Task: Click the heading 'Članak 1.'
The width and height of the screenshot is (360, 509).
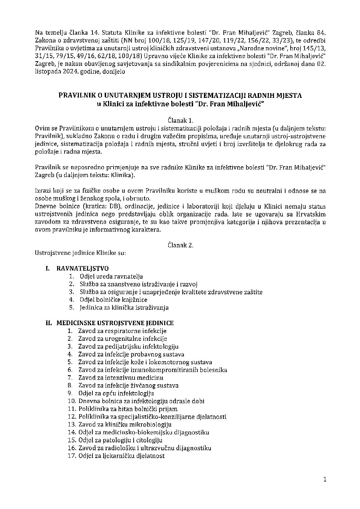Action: coord(180,120)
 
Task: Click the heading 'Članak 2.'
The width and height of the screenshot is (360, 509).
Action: coord(180,245)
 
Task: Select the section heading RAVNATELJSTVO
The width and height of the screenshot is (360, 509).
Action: coord(83,268)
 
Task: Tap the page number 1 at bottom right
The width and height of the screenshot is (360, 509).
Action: coord(325,479)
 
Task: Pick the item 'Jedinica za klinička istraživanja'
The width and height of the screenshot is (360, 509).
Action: coord(124,308)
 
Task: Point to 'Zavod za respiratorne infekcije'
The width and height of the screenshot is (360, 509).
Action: coord(122,331)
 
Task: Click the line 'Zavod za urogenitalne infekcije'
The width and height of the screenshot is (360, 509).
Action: coord(122,338)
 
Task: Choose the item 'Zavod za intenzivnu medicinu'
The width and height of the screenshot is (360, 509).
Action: coord(121,378)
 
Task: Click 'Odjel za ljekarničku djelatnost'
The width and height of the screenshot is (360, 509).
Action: coord(121,456)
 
